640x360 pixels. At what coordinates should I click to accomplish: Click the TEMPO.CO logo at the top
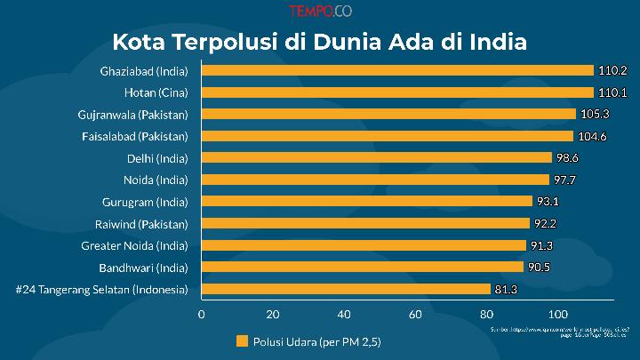319,12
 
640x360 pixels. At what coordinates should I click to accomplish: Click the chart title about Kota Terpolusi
319,42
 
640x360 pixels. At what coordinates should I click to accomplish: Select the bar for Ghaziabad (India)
397,70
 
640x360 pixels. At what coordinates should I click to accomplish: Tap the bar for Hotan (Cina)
397,92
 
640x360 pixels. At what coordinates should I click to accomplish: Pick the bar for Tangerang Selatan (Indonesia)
346,289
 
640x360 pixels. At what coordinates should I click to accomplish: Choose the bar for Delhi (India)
377,157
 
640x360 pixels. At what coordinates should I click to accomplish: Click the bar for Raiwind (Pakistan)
365,223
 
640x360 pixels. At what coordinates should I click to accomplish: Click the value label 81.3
508,289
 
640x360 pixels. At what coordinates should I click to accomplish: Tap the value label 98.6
570,157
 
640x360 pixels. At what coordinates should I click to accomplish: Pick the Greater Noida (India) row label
134,244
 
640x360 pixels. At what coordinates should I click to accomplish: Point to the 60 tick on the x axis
415,313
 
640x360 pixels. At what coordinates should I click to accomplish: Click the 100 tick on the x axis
557,313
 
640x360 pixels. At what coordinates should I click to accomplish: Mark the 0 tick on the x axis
202,313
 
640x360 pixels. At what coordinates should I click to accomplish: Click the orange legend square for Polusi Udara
242,340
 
